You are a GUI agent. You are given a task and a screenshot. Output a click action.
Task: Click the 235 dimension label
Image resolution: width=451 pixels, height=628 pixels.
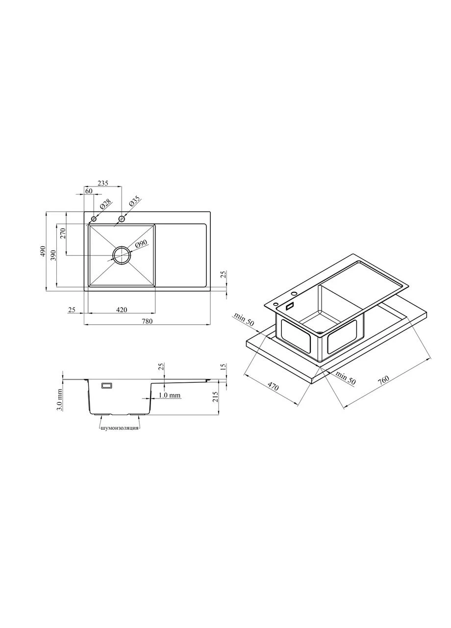[x=103, y=183]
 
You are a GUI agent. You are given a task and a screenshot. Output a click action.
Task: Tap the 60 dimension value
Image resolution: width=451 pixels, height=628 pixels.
[x=89, y=191]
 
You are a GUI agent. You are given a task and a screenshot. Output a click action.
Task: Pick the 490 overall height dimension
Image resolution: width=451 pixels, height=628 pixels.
[x=43, y=252]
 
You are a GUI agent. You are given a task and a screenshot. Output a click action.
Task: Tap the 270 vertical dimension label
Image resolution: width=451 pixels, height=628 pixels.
[x=63, y=233]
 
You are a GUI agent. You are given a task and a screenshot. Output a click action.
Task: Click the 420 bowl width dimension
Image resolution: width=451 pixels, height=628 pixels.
[x=121, y=310]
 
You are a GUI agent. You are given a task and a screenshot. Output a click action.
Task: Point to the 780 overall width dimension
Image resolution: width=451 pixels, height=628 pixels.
[x=147, y=321]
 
